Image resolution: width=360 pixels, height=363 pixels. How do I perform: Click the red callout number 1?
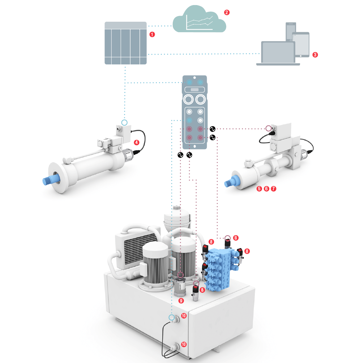point(152,34)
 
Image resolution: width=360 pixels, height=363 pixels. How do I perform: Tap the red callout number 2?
point(227,12)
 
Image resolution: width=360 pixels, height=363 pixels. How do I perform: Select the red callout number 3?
point(315,55)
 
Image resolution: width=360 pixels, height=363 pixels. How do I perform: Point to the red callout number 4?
point(137,143)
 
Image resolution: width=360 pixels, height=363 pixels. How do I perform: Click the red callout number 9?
point(181,300)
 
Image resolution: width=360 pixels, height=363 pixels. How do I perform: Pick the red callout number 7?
point(273,189)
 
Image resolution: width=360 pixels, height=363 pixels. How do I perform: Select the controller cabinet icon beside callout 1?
point(126,43)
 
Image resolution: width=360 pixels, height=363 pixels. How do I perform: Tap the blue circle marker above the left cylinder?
point(124,123)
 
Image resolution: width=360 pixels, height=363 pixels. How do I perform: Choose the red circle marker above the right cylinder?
point(268,128)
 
